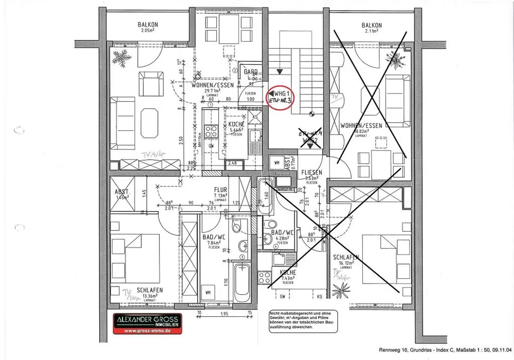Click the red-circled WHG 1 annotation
282,97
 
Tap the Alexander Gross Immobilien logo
148,324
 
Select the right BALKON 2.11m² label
372,28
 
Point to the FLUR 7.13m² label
221,192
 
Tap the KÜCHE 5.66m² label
236,127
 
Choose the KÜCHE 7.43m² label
287,275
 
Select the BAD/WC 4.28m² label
282,235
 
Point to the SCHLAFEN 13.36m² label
150,293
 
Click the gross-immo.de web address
148,332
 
